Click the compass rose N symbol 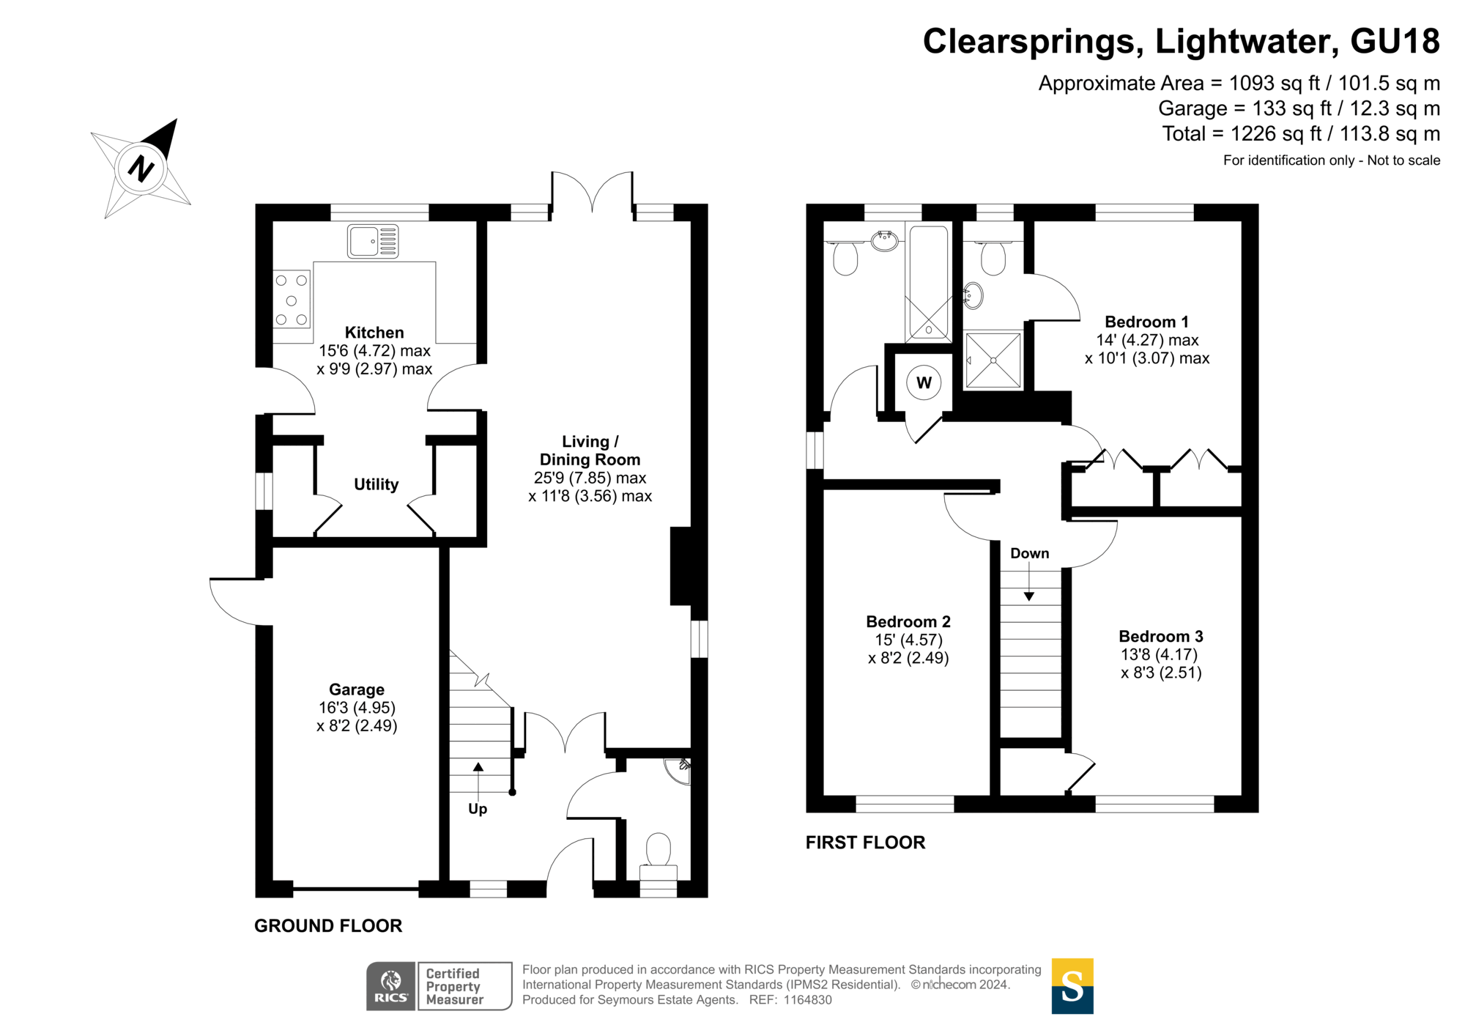141,169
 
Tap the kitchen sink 373,241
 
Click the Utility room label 377,484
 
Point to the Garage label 357,689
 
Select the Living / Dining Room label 590,451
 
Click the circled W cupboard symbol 924,382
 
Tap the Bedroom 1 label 1146,322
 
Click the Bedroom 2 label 908,621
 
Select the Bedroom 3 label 1161,636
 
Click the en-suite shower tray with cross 993,360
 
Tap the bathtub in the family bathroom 929,283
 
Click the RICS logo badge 391,986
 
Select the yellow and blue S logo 1072,986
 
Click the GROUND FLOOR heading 328,925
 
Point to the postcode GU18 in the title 1395,41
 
